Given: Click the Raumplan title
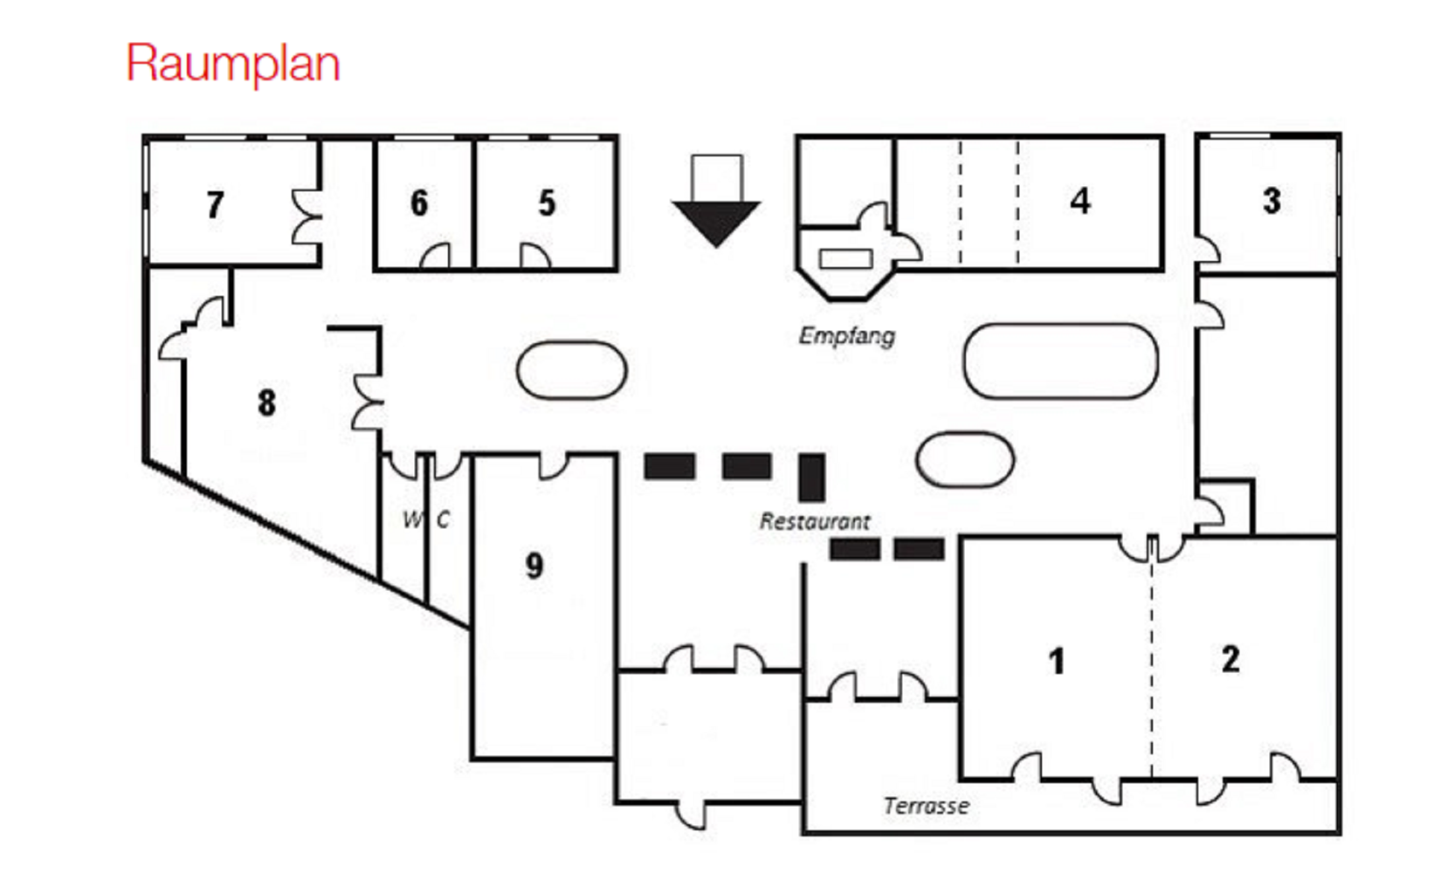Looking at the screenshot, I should [x=233, y=63].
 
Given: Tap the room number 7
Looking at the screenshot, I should [x=215, y=205].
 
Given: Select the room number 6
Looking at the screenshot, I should [x=419, y=203].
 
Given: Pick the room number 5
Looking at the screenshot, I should [x=547, y=203].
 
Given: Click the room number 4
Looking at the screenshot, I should [x=1080, y=201].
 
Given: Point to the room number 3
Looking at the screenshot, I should [x=1272, y=201].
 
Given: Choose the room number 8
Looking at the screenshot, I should [x=266, y=402].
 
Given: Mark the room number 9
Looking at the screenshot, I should [x=534, y=566].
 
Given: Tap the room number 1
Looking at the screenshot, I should [x=1057, y=661].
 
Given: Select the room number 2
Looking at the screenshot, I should [x=1231, y=658].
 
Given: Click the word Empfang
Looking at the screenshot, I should [x=847, y=336].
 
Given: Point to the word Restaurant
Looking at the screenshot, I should [x=814, y=522].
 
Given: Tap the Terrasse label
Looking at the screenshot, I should [x=926, y=806].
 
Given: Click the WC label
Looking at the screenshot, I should [x=426, y=519].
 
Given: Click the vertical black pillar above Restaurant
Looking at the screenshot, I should [x=812, y=478].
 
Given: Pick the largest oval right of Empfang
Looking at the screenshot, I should [x=1060, y=361].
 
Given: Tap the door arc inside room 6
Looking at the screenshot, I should [x=436, y=257].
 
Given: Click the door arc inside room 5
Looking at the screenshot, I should [x=534, y=257].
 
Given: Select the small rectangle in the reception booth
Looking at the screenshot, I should [x=845, y=258].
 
